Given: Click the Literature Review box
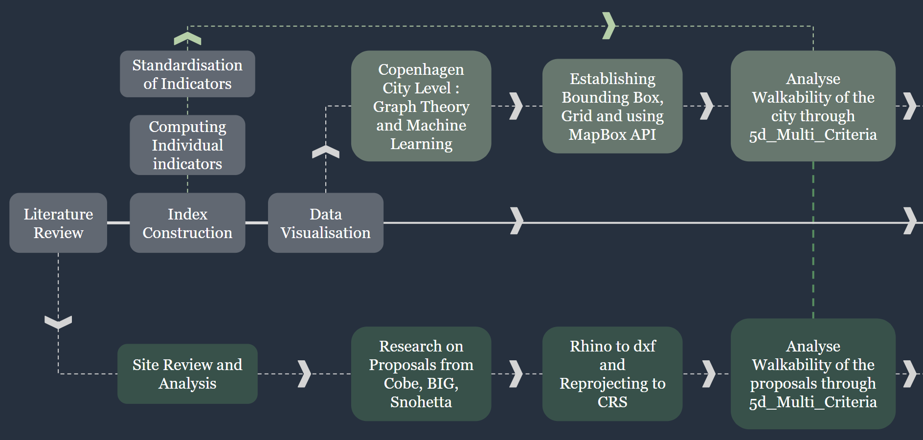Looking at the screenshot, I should pyautogui.click(x=58, y=223).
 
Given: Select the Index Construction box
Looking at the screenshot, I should pyautogui.click(x=187, y=223).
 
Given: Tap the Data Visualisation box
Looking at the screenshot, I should pyautogui.click(x=325, y=223).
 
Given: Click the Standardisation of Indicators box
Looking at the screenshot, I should pyautogui.click(x=187, y=74).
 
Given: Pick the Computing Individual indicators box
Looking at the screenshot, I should pyautogui.click(x=187, y=145).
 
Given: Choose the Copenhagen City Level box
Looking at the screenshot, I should pyautogui.click(x=421, y=106).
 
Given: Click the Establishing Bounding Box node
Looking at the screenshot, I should pyautogui.click(x=612, y=106).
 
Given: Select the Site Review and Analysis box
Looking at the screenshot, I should pyautogui.click(x=187, y=374).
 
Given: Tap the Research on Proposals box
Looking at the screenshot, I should pyautogui.click(x=421, y=374).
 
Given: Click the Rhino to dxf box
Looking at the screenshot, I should pyautogui.click(x=612, y=374).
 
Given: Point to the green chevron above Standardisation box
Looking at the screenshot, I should pyautogui.click(x=187, y=38).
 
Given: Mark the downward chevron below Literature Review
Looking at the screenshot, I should pyautogui.click(x=58, y=322).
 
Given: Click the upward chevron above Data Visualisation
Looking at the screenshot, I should pyautogui.click(x=326, y=152).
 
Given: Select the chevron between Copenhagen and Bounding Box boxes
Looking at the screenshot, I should pyautogui.click(x=516, y=106).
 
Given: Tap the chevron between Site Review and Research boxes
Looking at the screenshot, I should pyautogui.click(x=304, y=374).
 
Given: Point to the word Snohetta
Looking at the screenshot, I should pyautogui.click(x=421, y=402).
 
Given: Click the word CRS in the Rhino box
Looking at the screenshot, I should pyautogui.click(x=612, y=402).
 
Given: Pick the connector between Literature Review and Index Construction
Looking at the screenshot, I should pyautogui.click(x=118, y=223).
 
